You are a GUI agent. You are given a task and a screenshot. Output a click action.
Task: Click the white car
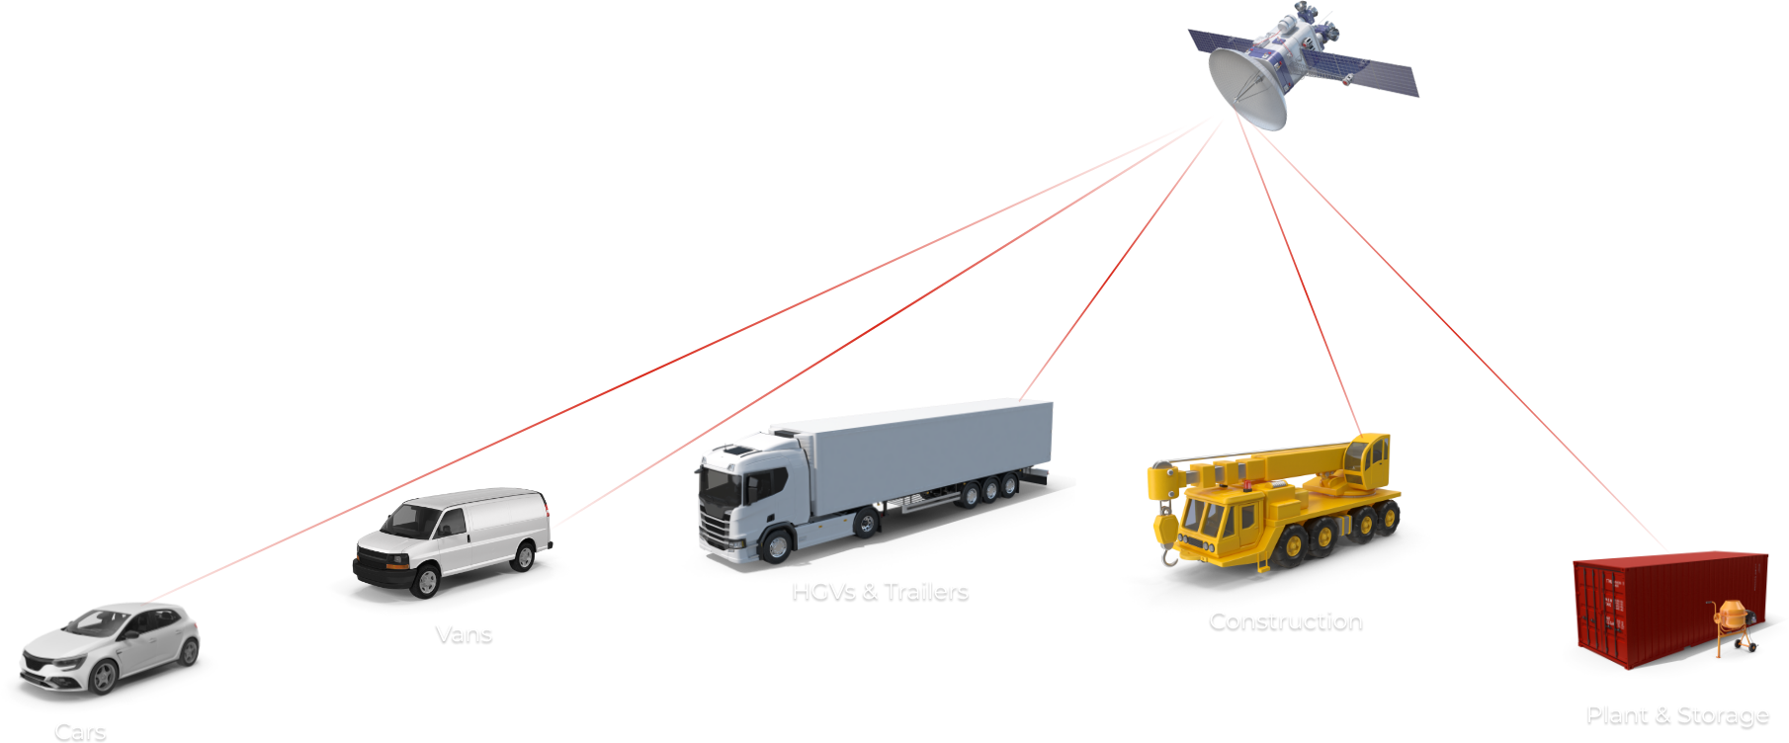point(109,647)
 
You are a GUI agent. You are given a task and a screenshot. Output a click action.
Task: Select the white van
point(455,538)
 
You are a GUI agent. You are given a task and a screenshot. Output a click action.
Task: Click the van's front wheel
point(427,582)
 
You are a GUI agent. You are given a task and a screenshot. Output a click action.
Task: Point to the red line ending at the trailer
point(1117,262)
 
